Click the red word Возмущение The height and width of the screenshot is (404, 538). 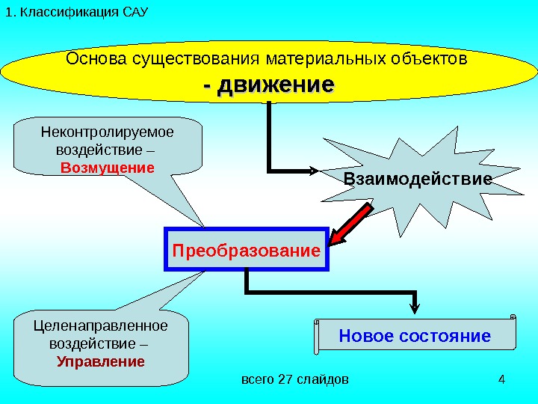click(108, 166)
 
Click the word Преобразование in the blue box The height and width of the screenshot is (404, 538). click(246, 249)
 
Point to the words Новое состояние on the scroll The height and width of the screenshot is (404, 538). click(415, 335)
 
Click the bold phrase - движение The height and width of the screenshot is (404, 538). click(268, 84)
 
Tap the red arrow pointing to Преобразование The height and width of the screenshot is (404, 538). click(350, 226)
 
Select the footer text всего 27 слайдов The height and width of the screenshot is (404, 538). click(294, 379)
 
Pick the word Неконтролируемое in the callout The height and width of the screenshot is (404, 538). click(107, 132)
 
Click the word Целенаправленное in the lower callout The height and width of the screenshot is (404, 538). click(102, 326)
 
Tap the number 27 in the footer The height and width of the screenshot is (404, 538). click(285, 379)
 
